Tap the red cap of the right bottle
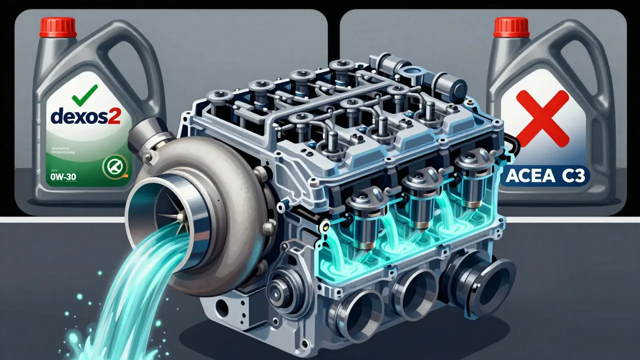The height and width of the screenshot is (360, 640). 511,28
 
